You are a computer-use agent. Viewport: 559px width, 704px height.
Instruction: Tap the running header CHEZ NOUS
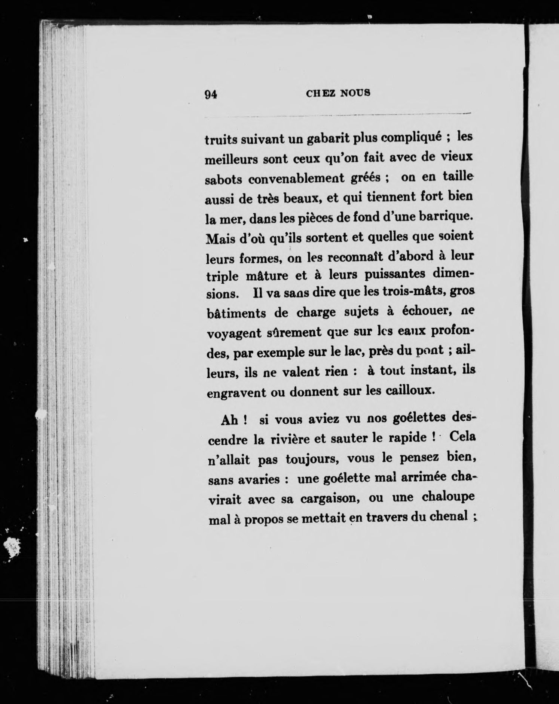[338, 93]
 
